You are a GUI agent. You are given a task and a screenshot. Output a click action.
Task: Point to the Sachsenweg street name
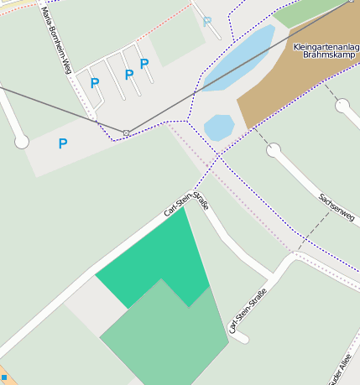(336, 205)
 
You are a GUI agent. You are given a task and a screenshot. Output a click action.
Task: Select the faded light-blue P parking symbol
(207, 22)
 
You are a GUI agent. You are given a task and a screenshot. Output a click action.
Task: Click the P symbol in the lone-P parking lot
(63, 144)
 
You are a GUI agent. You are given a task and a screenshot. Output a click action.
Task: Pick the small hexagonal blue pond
(219, 127)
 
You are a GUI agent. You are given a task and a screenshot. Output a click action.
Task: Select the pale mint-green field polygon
(164, 336)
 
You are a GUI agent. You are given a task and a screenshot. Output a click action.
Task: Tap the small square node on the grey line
(127, 133)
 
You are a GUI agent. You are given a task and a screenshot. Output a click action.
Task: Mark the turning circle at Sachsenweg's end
(274, 150)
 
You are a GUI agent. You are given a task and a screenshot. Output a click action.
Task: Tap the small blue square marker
(3, 378)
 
